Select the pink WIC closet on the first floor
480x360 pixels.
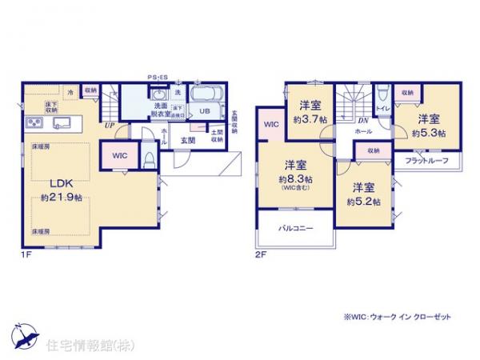pyautogui.click(x=118, y=155)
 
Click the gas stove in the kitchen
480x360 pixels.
pyautogui.click(x=34, y=124)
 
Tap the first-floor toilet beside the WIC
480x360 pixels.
pyautogui.click(x=148, y=158)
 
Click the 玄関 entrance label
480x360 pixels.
pyautogui.click(x=188, y=141)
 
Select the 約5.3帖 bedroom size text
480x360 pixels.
pyautogui.click(x=430, y=133)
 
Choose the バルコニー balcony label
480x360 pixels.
pyautogui.click(x=295, y=228)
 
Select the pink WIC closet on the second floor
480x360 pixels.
pyautogui.click(x=271, y=125)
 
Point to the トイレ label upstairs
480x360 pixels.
pyautogui.click(x=382, y=106)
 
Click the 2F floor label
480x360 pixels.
pyautogui.click(x=260, y=254)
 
